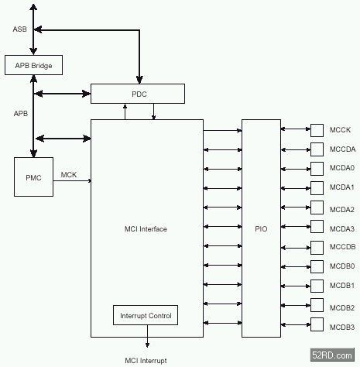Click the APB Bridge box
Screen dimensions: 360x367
pyautogui.click(x=33, y=65)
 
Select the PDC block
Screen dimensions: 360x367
pyautogui.click(x=138, y=94)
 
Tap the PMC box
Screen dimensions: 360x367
pyautogui.click(x=33, y=177)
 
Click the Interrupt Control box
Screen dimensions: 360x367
pyautogui.click(x=146, y=315)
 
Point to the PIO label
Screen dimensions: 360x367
pyautogui.click(x=261, y=228)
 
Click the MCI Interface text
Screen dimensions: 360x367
pyautogui.click(x=146, y=229)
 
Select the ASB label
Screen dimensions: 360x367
pyautogui.click(x=19, y=29)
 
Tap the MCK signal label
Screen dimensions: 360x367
pyautogui.click(x=69, y=175)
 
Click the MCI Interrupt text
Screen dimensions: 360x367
pyautogui.click(x=146, y=361)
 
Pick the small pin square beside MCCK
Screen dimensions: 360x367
pyautogui.click(x=317, y=130)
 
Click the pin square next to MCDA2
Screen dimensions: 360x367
pyautogui.click(x=317, y=208)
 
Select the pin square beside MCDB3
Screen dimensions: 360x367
pyautogui.click(x=317, y=324)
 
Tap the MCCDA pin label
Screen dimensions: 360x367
pyautogui.click(x=342, y=149)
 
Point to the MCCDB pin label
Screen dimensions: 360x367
pyautogui.click(x=342, y=247)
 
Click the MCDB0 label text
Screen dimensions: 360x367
pyautogui.click(x=342, y=266)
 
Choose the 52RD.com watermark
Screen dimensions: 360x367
pyautogui.click(x=332, y=355)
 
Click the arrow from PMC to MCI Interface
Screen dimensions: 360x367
pyautogui.click(x=72, y=180)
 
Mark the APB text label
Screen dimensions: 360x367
pyautogui.click(x=21, y=113)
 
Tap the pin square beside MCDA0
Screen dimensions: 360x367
pyautogui.click(x=317, y=169)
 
